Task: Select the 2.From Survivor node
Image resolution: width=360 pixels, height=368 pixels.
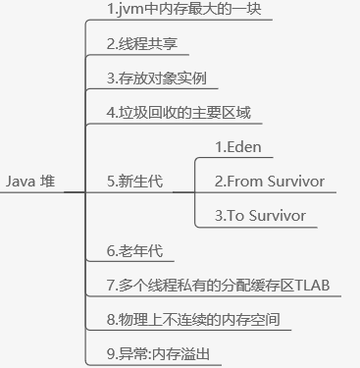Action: tap(270, 182)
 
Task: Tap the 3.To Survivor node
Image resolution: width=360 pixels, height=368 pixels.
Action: tap(260, 215)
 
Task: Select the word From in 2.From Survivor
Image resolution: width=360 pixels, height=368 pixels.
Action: tap(245, 182)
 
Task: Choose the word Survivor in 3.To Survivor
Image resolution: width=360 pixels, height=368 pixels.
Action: tap(279, 215)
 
